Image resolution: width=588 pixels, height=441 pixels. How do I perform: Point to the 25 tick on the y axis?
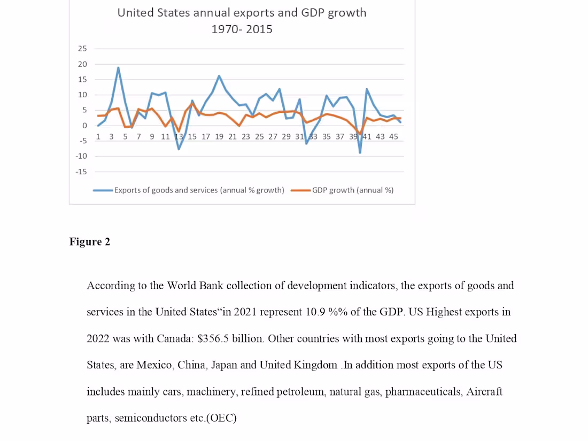click(82, 49)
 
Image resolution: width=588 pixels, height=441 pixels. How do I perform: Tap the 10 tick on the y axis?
click(82, 95)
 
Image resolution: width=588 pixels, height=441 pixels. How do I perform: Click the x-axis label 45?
click(393, 136)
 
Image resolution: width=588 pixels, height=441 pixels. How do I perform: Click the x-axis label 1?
click(98, 136)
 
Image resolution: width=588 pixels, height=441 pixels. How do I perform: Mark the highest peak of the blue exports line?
click(118, 67)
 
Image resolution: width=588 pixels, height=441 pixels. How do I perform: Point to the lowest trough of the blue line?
click(360, 153)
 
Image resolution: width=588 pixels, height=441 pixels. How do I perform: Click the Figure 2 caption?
click(90, 242)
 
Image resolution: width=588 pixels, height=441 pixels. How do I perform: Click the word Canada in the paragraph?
click(174, 338)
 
